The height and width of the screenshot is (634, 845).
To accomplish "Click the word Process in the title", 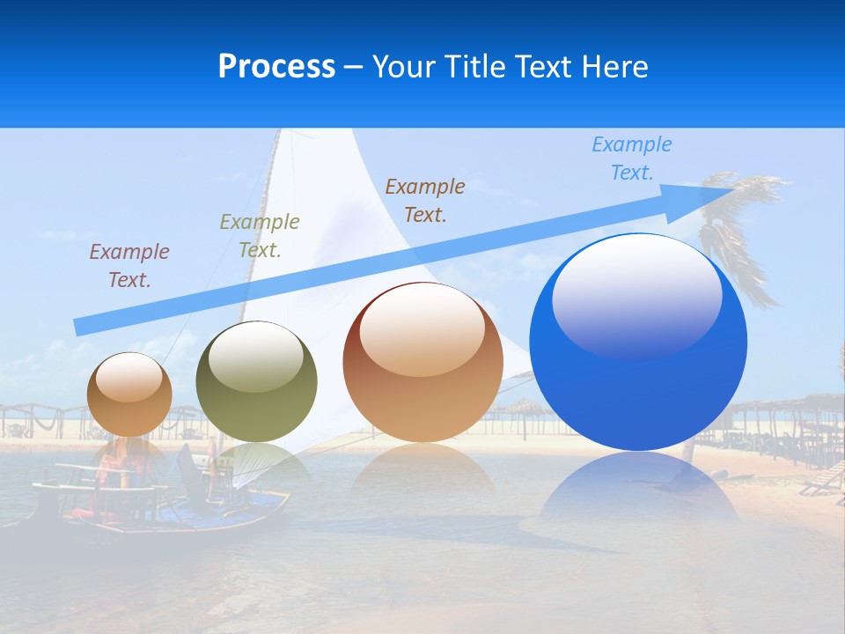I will [x=276, y=67].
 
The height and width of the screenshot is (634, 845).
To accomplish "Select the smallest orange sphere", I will [x=129, y=394].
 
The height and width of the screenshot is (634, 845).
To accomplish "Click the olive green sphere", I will [x=256, y=382].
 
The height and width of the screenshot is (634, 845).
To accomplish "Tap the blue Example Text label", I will [x=632, y=158].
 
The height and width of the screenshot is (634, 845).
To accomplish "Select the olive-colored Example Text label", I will [x=260, y=236].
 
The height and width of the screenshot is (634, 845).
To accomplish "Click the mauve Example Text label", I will [x=129, y=266].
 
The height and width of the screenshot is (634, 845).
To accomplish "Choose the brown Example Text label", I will [x=425, y=201].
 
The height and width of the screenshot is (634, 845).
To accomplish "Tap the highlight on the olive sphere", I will [x=255, y=357].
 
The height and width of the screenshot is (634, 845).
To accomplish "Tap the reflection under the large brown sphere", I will [x=422, y=467].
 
